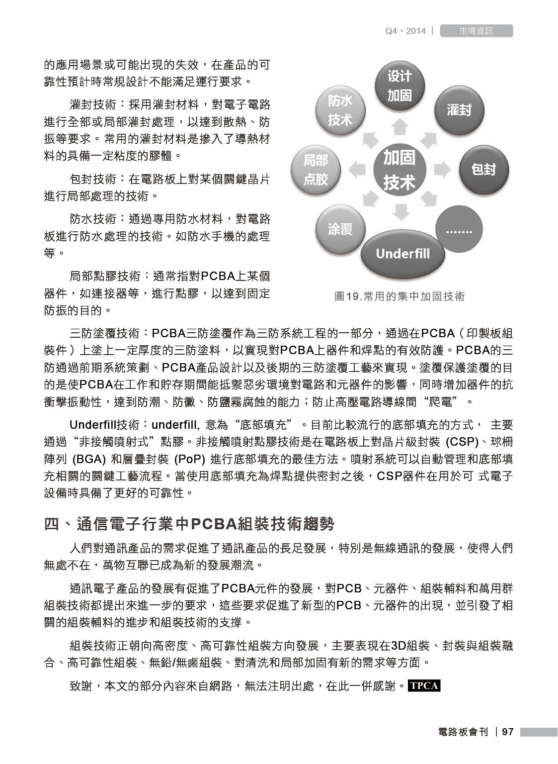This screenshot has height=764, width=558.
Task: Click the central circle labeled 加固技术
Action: (x=399, y=170)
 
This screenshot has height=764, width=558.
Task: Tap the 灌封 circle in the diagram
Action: (x=458, y=110)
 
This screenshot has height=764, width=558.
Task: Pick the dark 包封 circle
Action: (x=482, y=170)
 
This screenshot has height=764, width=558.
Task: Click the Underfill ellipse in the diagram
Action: (x=402, y=254)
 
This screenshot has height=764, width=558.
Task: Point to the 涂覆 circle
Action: (x=340, y=229)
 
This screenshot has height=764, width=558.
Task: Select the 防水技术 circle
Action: (x=340, y=110)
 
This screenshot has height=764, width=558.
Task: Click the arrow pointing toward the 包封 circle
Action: (x=442, y=170)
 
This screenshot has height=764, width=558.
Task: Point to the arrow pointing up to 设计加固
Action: (x=399, y=127)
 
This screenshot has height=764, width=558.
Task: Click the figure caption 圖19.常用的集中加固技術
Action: (x=399, y=296)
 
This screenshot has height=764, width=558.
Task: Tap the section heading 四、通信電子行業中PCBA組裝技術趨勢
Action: (x=189, y=524)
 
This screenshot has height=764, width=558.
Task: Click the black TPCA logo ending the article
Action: (x=423, y=685)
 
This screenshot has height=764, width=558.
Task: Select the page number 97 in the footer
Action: (x=507, y=732)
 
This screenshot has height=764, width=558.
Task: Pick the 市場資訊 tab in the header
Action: (x=476, y=31)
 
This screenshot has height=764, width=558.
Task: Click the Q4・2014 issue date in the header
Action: (x=405, y=31)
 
